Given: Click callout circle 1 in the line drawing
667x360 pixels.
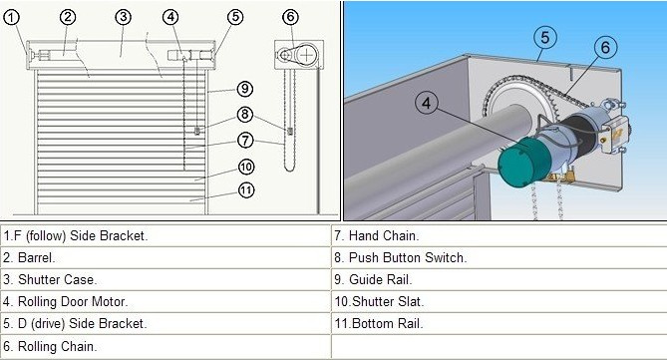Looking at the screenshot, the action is (12, 17).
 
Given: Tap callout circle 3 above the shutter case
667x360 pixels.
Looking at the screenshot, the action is (123, 17).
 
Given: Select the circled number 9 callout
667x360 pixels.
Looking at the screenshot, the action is (245, 89).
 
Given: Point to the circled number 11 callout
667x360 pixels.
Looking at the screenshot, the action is (246, 189).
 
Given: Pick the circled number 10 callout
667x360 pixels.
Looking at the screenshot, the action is (246, 167).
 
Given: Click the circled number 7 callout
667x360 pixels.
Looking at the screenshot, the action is (245, 140).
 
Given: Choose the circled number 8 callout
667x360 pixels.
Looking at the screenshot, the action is (245, 114).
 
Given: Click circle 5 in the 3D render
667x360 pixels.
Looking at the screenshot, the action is (545, 38).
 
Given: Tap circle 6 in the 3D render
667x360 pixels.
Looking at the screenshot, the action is (605, 47).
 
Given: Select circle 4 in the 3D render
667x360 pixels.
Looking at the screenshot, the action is (427, 103).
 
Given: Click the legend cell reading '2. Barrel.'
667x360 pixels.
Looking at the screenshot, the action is (166, 257).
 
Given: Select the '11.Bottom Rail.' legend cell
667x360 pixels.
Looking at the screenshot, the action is (499, 323).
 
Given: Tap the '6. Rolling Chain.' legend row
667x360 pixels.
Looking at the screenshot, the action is (166, 346).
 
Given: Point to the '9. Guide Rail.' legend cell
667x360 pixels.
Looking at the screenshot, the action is (499, 279).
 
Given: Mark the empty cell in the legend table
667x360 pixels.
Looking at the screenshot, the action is (499, 346).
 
